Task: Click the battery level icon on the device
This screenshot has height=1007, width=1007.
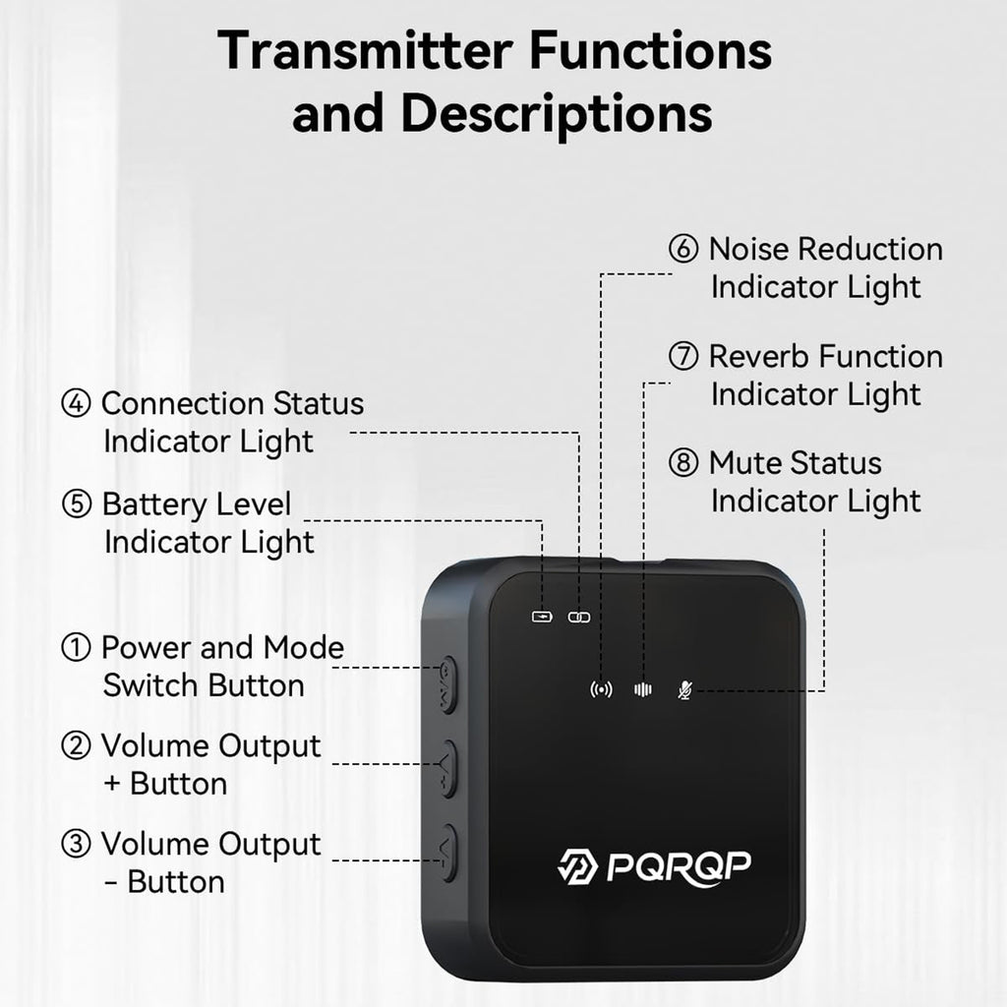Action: click(542, 617)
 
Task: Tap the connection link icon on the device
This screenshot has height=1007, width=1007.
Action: click(577, 617)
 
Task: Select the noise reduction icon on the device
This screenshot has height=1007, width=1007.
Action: click(601, 689)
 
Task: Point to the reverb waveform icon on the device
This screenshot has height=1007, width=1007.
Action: click(643, 689)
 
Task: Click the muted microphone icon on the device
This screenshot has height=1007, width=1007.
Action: click(685, 689)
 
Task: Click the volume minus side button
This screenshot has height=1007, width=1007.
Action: click(448, 852)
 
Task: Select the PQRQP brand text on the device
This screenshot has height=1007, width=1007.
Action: click(680, 866)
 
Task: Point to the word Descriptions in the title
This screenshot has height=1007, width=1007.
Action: click(557, 113)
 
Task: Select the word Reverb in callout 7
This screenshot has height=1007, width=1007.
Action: click(759, 356)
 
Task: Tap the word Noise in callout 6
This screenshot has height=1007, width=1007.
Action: click(748, 249)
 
